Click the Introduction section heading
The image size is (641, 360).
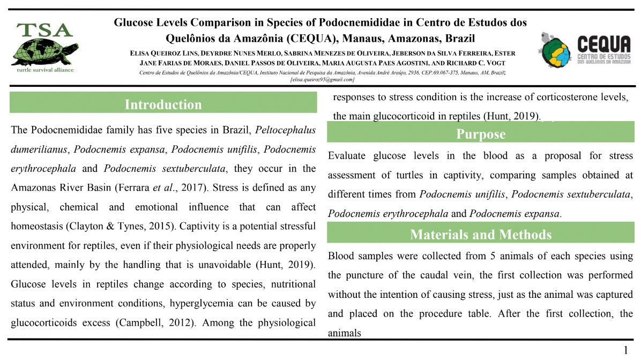click(x=163, y=104)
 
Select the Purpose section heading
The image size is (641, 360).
click(x=480, y=134)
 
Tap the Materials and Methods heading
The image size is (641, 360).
click(x=480, y=235)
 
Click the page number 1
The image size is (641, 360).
click(x=625, y=351)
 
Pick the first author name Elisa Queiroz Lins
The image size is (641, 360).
click(x=163, y=54)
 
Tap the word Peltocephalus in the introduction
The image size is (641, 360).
click(x=285, y=130)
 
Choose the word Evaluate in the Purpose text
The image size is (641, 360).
click(x=347, y=156)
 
